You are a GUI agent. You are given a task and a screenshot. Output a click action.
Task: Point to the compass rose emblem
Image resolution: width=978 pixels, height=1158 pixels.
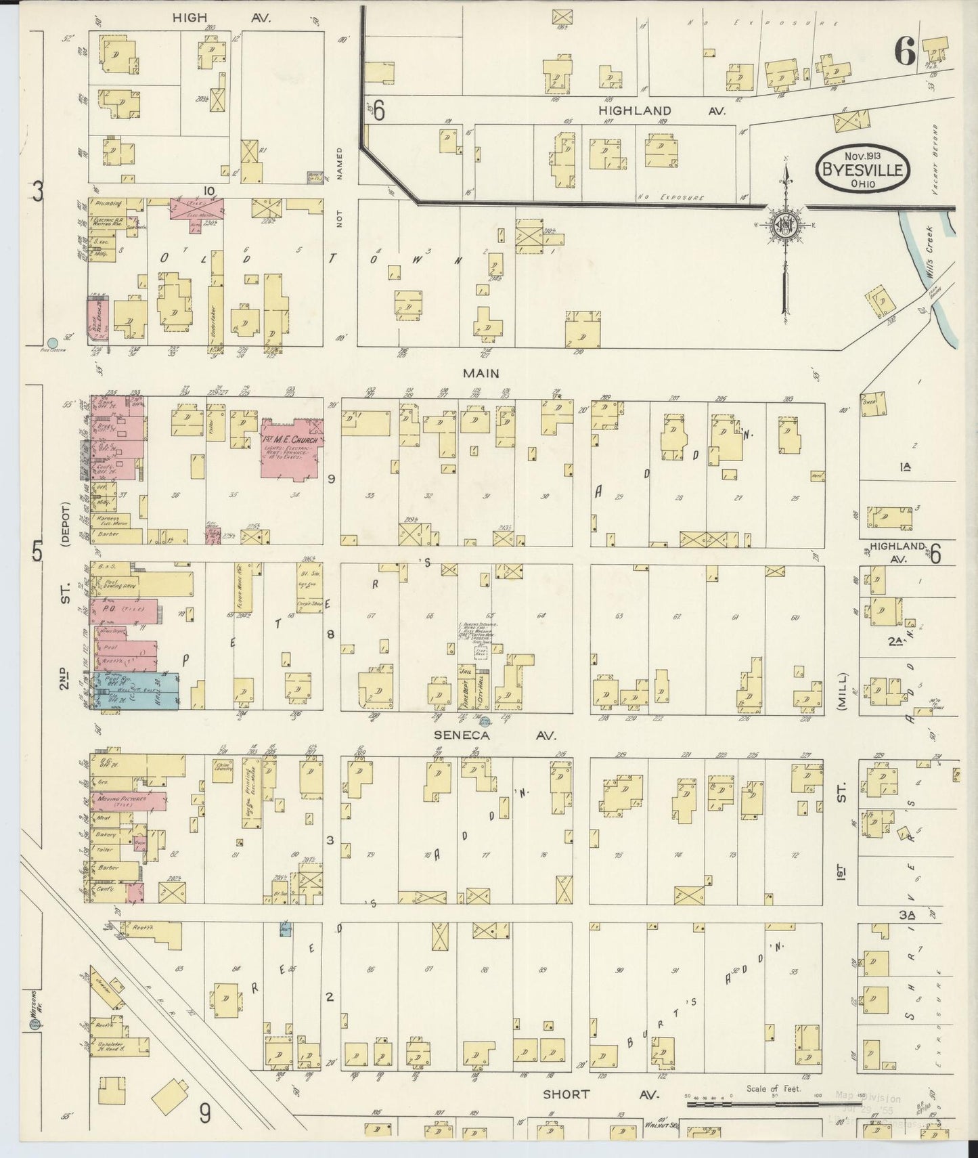click(786, 225)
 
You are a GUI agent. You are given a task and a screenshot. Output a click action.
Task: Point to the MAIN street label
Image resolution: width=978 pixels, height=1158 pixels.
click(481, 373)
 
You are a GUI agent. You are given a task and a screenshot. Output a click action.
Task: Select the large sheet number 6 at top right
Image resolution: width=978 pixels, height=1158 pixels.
click(906, 50)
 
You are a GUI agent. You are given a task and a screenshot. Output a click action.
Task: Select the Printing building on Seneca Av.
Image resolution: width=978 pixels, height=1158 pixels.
click(254, 792)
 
